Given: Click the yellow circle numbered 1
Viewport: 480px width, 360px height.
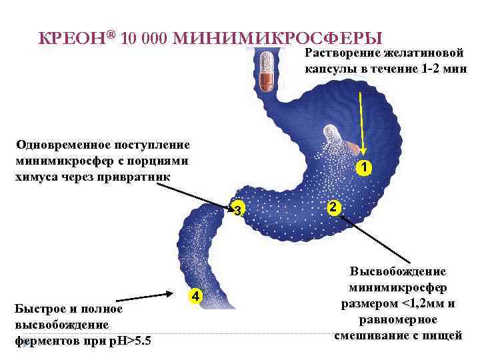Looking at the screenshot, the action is [x=363, y=168].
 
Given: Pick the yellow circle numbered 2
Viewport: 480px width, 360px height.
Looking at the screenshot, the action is [x=335, y=207].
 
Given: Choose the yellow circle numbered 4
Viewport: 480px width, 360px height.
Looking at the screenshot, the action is [x=193, y=295].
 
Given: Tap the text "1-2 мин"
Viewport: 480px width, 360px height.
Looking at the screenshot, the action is [x=444, y=69].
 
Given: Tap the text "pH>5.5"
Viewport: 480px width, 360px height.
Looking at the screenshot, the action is [x=130, y=341].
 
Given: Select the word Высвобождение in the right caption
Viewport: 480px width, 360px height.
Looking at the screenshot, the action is [x=398, y=272].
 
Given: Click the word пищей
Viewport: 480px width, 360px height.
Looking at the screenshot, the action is [x=445, y=335].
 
